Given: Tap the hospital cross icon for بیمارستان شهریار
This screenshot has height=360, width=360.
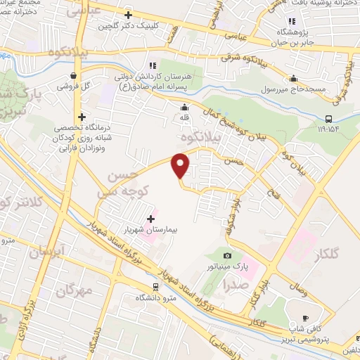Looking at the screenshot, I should (x=150, y=219).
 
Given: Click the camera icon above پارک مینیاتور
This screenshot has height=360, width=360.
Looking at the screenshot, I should (x=226, y=256).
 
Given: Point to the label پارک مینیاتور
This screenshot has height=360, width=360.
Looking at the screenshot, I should (x=231, y=267).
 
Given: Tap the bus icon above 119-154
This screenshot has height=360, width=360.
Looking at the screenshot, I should (x=330, y=119).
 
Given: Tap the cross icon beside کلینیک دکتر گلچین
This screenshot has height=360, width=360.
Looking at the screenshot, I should (x=127, y=14).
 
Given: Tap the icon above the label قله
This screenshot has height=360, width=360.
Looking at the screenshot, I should (x=185, y=108).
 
